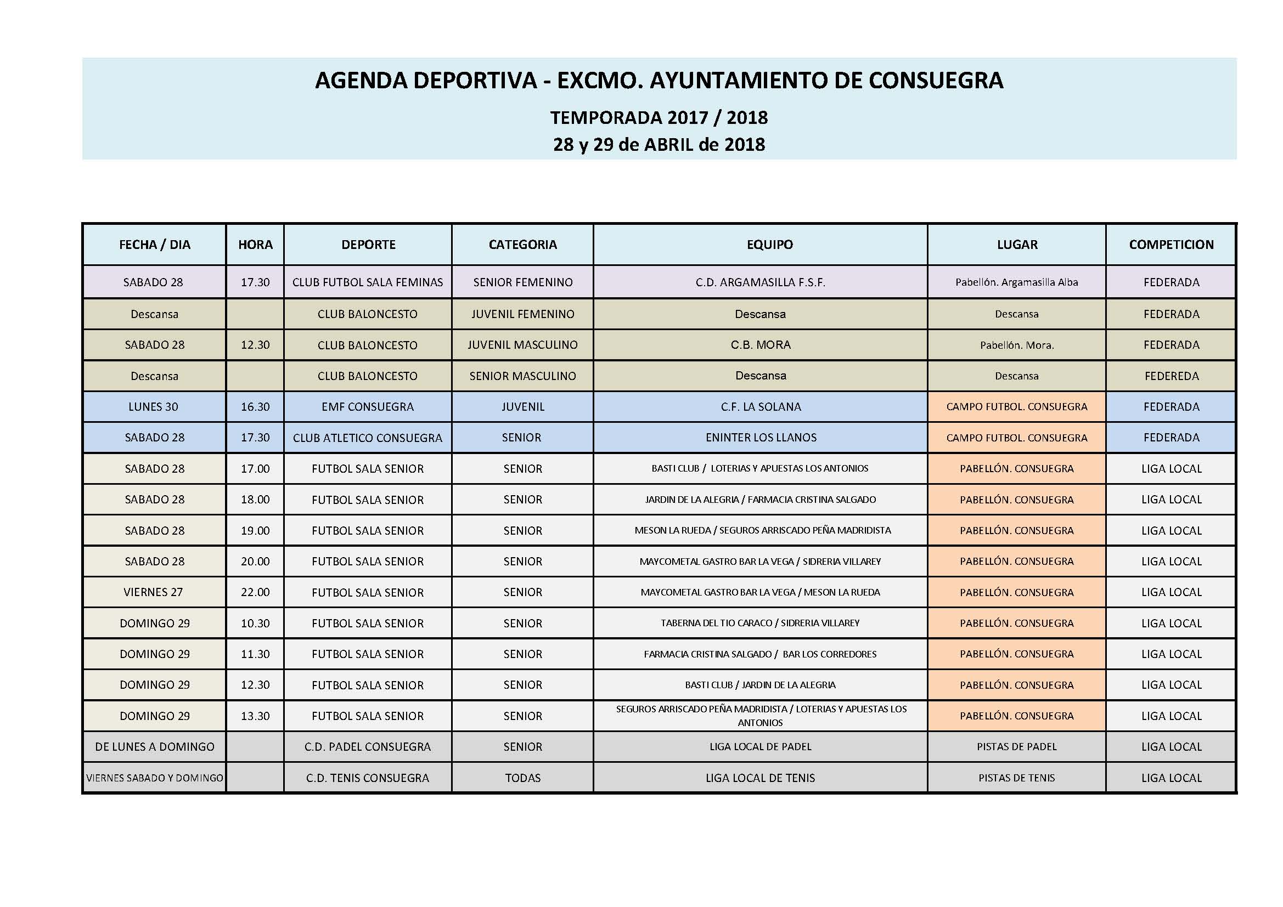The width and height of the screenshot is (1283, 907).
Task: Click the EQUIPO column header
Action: coord(769,245)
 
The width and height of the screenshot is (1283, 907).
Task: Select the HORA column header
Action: coord(255,245)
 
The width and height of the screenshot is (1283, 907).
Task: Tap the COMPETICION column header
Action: coord(1171,245)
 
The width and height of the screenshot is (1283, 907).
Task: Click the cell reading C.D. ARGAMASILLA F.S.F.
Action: coord(760,282)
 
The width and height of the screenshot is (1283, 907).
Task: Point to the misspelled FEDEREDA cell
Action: coord(1171,376)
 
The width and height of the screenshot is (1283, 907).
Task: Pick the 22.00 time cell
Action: coord(255,592)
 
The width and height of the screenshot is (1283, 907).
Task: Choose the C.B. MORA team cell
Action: coord(761,344)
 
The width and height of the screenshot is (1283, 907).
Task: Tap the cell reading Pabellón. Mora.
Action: coord(1016,345)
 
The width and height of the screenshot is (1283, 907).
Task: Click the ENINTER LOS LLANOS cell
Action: coord(761,437)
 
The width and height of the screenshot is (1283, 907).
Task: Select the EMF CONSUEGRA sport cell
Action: coord(368,406)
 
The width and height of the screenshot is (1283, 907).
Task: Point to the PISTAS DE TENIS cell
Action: coord(1016,778)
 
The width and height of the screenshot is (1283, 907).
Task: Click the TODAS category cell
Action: coord(522,778)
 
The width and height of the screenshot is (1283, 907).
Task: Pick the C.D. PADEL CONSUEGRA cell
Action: coord(368,747)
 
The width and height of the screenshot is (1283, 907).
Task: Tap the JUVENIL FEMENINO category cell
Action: coord(522,314)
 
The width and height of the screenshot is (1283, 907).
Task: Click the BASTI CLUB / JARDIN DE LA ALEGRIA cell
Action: coord(760,685)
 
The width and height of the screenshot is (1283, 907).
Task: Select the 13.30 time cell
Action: coord(255,716)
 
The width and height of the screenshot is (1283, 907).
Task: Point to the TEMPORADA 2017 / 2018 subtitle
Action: coord(659,117)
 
